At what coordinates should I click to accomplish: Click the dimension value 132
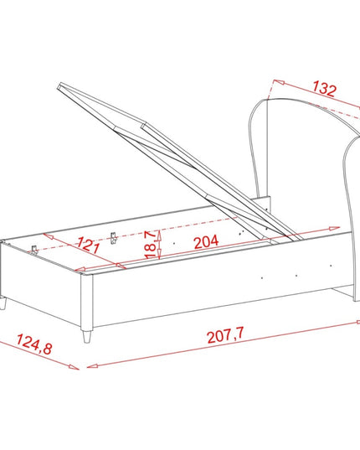[324, 88]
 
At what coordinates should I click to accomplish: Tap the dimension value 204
[206, 241]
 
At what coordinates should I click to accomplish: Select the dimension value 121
[88, 245]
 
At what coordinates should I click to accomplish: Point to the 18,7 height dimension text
[151, 245]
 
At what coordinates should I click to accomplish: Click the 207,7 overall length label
[225, 334]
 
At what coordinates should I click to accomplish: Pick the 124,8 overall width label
[34, 344]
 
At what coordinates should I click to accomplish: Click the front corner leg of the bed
[86, 336]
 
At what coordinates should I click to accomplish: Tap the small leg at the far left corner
[3, 303]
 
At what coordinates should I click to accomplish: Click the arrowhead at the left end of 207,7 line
[91, 366]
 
